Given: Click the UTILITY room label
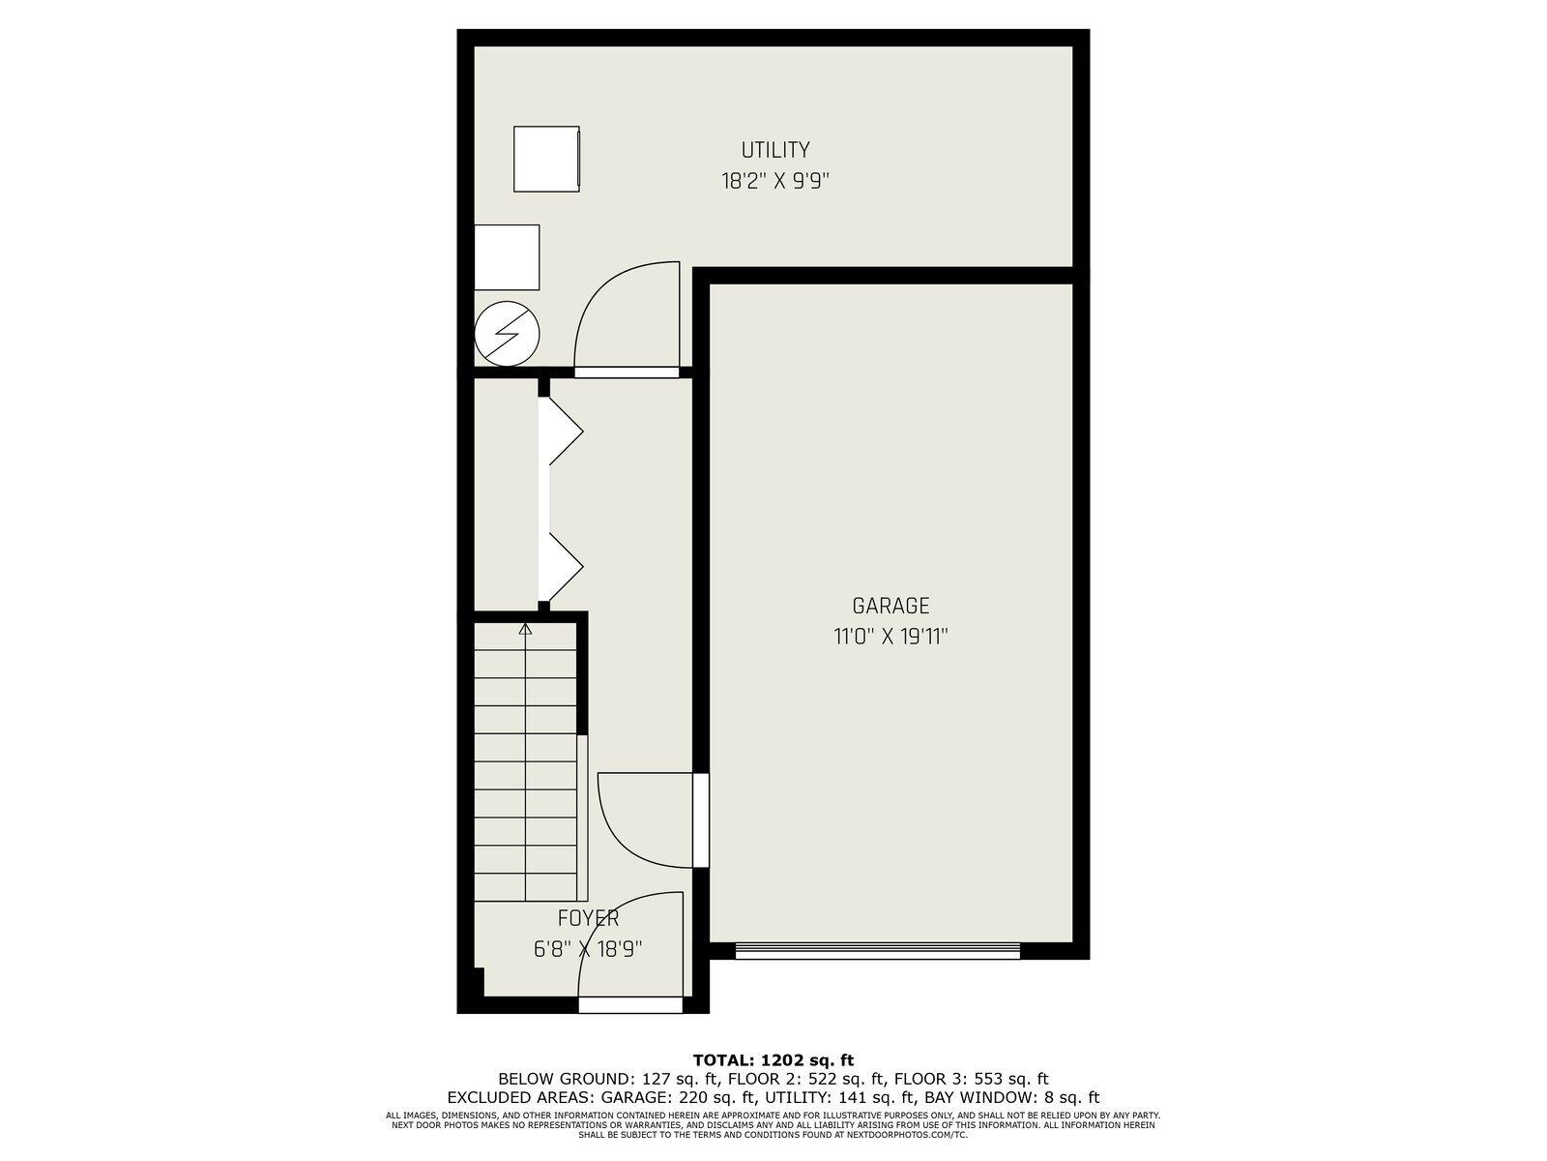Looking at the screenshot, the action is coord(775,150).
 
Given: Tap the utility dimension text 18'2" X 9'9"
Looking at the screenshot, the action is coord(774,182).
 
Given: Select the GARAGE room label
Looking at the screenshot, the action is coord(890,606).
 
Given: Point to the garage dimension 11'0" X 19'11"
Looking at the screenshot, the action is coord(890,638).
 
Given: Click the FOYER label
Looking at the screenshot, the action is coord(589,918).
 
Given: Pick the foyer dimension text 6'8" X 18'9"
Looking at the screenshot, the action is coord(588,949).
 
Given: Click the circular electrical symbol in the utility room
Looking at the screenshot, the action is coord(508,334).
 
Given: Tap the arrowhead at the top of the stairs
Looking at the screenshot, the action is coord(525,629).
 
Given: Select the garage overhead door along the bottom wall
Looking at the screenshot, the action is coord(878,951).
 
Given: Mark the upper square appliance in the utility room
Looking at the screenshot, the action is coord(546,159).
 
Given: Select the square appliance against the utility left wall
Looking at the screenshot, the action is coord(507,257).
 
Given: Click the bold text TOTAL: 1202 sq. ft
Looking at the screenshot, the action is coord(773,1060).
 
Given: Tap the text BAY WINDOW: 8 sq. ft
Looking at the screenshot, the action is coord(1012,1097).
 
